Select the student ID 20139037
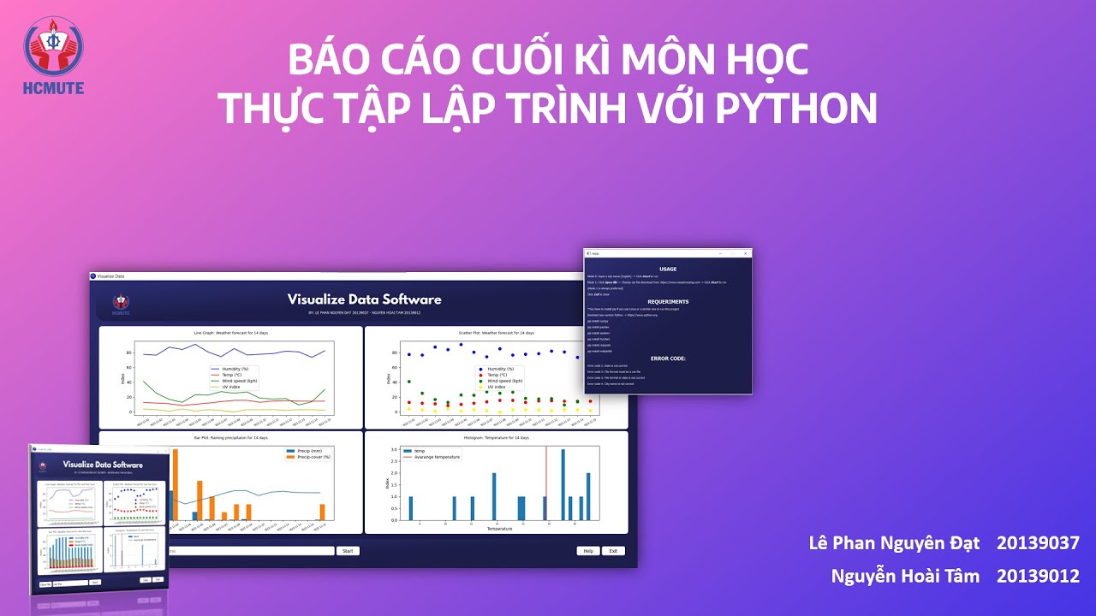1038,543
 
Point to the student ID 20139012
1038,576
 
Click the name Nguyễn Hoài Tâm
905,576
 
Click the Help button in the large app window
587,551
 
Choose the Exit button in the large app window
612,551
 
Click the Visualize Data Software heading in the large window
365,299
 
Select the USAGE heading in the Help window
668,269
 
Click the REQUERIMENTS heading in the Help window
668,302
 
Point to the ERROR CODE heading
668,358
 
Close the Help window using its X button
747,254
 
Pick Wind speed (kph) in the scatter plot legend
505,381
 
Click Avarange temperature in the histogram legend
438,457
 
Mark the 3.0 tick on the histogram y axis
394,450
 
